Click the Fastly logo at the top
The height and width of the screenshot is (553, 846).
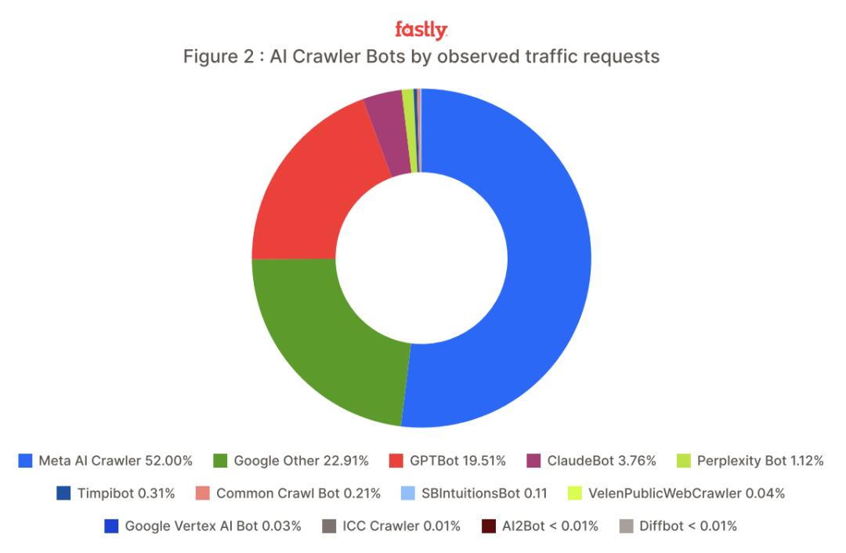pyautogui.click(x=421, y=31)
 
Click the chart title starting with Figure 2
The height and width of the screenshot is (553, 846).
pyautogui.click(x=421, y=57)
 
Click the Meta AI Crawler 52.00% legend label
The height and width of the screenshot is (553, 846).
pyautogui.click(x=114, y=461)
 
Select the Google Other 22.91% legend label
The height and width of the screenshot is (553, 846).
pyautogui.click(x=302, y=461)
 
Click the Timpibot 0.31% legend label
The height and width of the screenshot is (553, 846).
pyautogui.click(x=126, y=493)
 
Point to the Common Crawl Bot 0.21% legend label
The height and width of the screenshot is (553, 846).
pyautogui.click(x=298, y=493)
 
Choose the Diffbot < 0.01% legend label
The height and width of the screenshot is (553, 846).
pyautogui.click(x=687, y=526)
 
